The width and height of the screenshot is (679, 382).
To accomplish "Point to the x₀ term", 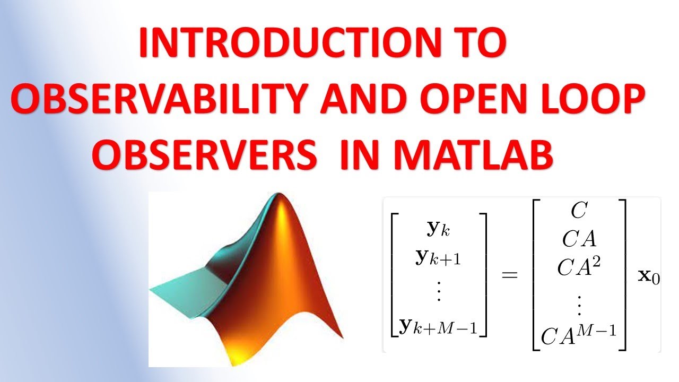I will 649,276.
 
